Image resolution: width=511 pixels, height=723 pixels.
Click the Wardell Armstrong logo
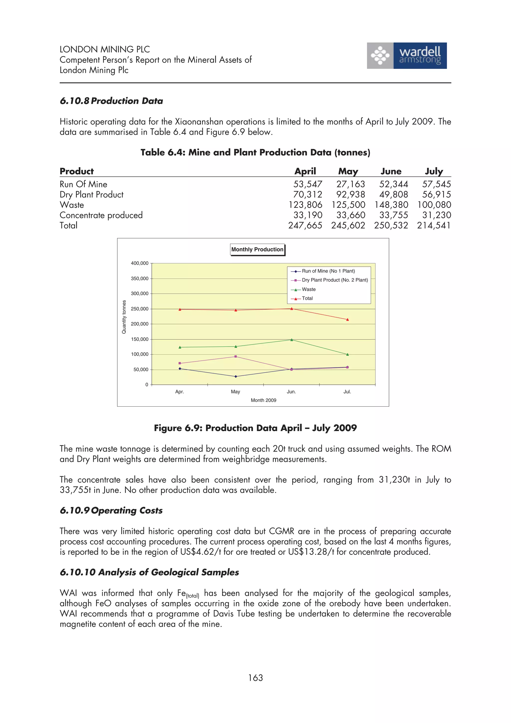point(406,56)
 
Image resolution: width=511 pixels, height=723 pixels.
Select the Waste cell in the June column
point(391,205)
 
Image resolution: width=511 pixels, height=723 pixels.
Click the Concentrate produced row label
point(101,215)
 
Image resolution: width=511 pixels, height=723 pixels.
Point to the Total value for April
point(305,226)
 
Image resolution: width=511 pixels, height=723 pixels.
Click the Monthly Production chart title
point(257,249)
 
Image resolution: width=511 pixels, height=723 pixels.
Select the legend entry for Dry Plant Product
point(335,280)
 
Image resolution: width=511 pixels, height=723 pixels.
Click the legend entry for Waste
point(309,289)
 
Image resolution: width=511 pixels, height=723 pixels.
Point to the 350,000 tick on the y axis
point(139,279)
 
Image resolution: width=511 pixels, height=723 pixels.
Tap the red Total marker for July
point(347,320)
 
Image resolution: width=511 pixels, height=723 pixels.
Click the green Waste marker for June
point(291,340)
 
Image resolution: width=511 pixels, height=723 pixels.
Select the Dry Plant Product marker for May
point(236,357)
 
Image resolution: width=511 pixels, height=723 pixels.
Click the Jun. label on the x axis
point(291,392)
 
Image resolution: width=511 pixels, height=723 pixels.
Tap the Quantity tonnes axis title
point(124,317)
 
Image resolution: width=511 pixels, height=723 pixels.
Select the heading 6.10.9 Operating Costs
point(111,510)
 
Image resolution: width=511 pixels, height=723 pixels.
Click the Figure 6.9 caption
point(255,428)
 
